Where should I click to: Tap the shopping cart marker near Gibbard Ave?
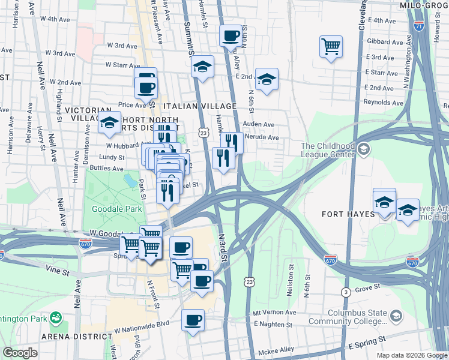331,46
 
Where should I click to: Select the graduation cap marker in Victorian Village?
109,123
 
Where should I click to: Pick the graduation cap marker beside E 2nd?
267,79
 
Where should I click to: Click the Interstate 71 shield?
419,26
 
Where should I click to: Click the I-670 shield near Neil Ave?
85,243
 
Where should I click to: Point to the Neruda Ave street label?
264,137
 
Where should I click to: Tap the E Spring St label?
366,346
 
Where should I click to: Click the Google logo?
20,353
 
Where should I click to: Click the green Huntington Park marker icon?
56,316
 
